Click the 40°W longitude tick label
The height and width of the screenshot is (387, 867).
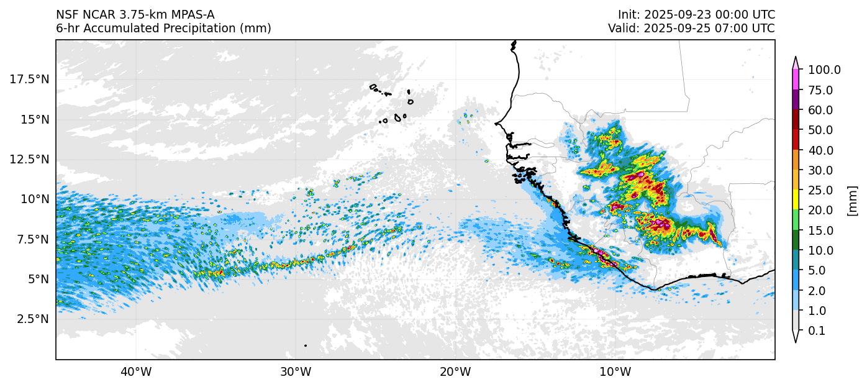point(135,373)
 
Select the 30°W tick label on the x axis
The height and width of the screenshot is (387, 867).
point(295,373)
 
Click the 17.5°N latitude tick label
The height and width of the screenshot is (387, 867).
point(29,79)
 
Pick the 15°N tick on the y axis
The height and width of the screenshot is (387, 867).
point(35,119)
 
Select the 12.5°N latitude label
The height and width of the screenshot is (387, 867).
point(29,159)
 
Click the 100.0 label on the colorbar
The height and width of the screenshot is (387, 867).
point(824,70)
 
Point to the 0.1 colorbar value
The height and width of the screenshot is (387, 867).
point(817,331)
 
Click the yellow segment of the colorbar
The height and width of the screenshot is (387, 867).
point(796,200)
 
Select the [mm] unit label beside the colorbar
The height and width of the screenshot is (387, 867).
point(853,201)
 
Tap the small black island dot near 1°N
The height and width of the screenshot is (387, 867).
point(306,345)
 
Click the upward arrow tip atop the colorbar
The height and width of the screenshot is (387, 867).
point(796,58)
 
